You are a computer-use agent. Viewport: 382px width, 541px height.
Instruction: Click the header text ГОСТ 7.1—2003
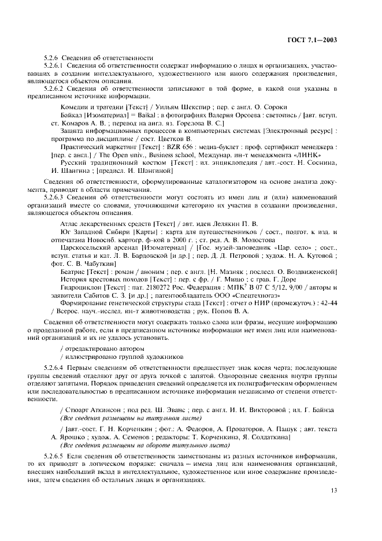tap(311, 40)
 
